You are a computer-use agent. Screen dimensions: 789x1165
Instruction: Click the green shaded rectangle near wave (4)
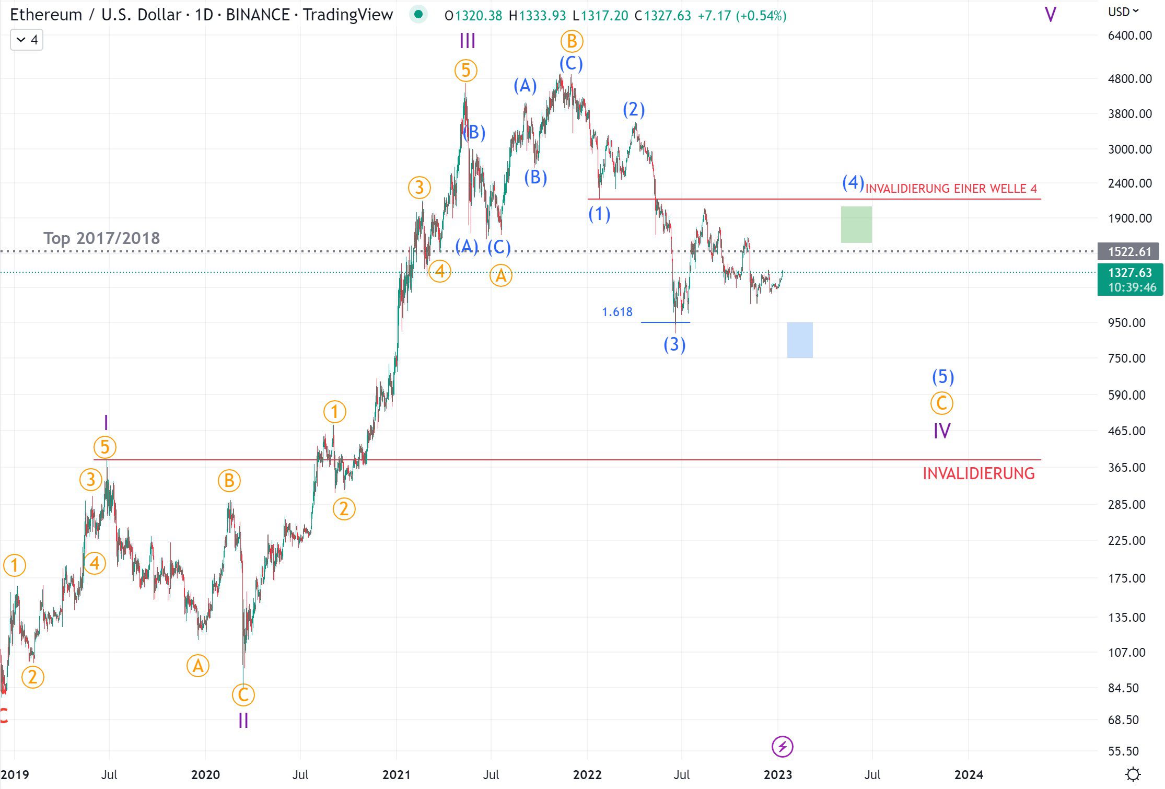pyautogui.click(x=856, y=225)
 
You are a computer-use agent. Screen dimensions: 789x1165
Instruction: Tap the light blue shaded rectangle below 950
pyautogui.click(x=799, y=340)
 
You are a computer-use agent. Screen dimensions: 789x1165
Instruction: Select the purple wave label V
pyautogui.click(x=1050, y=15)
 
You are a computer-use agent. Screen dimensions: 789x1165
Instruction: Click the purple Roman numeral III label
pyautogui.click(x=467, y=41)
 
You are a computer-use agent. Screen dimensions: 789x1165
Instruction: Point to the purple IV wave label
pyautogui.click(x=941, y=431)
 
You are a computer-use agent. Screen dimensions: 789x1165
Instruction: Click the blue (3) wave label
pyautogui.click(x=674, y=344)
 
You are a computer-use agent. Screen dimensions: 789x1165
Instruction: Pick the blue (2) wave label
pyautogui.click(x=633, y=110)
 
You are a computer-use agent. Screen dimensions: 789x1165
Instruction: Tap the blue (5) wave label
pyautogui.click(x=942, y=376)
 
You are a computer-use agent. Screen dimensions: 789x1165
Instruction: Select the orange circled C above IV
pyautogui.click(x=941, y=403)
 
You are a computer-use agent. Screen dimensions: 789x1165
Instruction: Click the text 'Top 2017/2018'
pyautogui.click(x=101, y=238)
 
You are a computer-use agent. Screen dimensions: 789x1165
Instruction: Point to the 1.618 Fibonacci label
pyautogui.click(x=617, y=312)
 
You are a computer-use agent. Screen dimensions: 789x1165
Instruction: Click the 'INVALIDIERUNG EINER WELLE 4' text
pyautogui.click(x=951, y=189)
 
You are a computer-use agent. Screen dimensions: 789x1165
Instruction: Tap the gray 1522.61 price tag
pyautogui.click(x=1129, y=252)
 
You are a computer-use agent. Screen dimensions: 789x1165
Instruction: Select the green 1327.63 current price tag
pyautogui.click(x=1129, y=273)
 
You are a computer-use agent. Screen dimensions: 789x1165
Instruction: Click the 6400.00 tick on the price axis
pyautogui.click(x=1129, y=36)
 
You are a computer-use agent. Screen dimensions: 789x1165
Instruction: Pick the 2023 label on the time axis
pyautogui.click(x=777, y=774)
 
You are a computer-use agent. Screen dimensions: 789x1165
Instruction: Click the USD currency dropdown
pyautogui.click(x=1123, y=12)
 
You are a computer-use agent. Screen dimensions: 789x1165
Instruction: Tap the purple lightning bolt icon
pyautogui.click(x=782, y=747)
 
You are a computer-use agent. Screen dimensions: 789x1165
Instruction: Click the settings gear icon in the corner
pyautogui.click(x=1133, y=774)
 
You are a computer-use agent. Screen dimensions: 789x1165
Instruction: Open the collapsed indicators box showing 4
pyautogui.click(x=27, y=40)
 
